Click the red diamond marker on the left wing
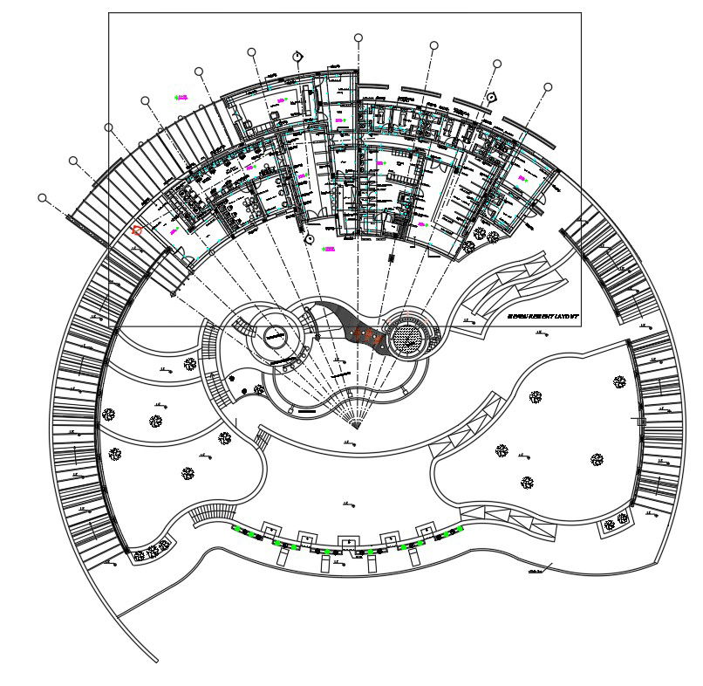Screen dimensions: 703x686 [137, 231]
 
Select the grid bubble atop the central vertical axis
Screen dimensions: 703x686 [358, 38]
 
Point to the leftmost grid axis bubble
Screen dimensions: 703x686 [42, 198]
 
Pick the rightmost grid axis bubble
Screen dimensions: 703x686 [548, 87]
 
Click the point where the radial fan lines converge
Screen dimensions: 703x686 [354, 426]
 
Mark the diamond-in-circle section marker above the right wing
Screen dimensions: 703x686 [491, 97]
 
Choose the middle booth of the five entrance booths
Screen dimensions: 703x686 [348, 540]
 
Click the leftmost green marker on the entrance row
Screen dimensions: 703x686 [235, 529]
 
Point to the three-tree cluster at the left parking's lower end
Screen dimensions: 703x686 [152, 551]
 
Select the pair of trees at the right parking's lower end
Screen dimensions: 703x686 [616, 521]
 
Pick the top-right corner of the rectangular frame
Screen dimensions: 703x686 [581, 12]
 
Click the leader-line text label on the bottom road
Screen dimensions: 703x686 [534, 572]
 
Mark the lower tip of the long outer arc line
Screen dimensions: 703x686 [156, 662]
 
